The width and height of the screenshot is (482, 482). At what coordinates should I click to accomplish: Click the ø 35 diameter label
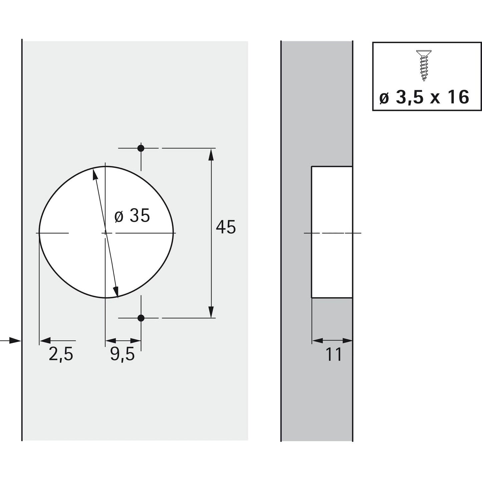[132, 216]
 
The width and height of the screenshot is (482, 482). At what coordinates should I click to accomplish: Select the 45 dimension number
[226, 227]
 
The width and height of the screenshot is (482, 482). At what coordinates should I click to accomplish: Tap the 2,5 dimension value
[61, 354]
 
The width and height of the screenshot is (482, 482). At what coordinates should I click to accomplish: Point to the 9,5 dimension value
[122, 354]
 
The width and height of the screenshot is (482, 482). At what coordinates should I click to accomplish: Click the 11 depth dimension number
[334, 355]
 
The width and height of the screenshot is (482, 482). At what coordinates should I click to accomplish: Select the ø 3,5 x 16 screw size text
[425, 97]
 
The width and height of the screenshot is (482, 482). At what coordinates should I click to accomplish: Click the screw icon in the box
[422, 66]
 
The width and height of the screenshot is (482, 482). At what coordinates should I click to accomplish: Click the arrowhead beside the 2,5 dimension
[45, 341]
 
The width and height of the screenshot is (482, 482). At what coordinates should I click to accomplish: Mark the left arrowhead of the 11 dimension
[317, 341]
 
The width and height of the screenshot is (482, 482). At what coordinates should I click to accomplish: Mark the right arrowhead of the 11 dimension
[347, 341]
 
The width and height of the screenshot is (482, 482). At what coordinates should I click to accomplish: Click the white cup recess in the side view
[332, 232]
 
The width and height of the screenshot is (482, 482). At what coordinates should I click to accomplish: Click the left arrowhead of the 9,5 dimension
[110, 341]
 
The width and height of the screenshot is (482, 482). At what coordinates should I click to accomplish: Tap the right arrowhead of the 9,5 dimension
[136, 341]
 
